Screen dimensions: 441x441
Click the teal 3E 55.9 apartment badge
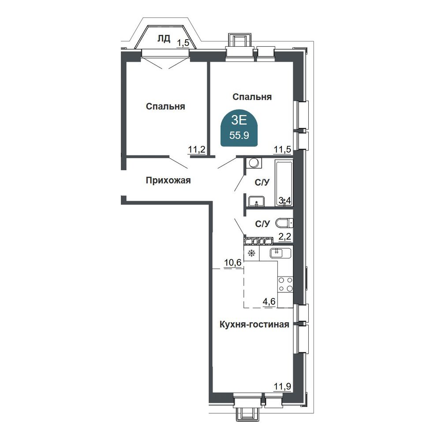pos(239,128)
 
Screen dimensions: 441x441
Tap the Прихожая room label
pos(168,180)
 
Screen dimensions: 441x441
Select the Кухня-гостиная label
pos(254,325)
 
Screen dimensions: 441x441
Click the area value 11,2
pos(196,149)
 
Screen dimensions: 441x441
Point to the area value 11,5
pos(282,149)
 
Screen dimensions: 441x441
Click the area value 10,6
pos(233,263)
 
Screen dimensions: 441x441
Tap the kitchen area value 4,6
pos(269,302)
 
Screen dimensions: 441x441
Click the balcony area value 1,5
pos(183,43)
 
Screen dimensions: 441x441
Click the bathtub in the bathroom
pos(284,183)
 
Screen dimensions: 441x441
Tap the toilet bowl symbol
pos(284,223)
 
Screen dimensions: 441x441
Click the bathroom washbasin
pos(256,202)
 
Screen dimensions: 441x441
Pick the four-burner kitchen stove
pos(285,284)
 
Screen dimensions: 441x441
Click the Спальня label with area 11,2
pos(165,107)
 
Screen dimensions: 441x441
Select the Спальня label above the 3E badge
pos(252,97)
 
